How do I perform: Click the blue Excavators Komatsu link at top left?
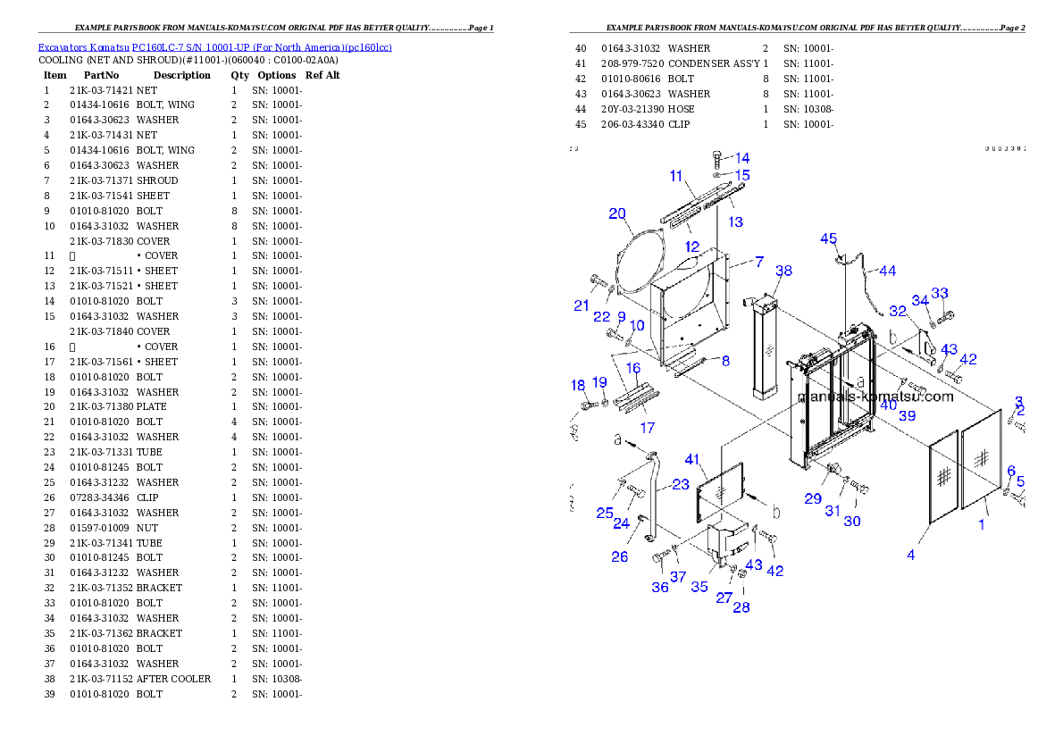[x=214, y=47]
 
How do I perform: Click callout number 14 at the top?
[x=742, y=158]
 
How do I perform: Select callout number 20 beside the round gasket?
[x=617, y=213]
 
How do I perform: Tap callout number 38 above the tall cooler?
[x=783, y=271]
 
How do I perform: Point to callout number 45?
[x=829, y=238]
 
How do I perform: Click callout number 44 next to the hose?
[x=887, y=270]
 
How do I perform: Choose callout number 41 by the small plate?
[x=691, y=459]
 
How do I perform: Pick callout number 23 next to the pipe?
[x=681, y=484]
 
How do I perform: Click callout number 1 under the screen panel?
[x=982, y=524]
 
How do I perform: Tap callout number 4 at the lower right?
[x=911, y=555]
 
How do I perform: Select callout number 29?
[x=812, y=498]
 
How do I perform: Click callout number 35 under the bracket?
[x=699, y=587]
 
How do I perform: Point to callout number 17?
[x=648, y=428]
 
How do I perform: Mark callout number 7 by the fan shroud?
[x=758, y=262]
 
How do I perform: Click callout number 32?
[x=898, y=312]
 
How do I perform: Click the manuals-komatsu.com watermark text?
[x=875, y=397]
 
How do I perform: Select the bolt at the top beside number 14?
[x=717, y=162]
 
